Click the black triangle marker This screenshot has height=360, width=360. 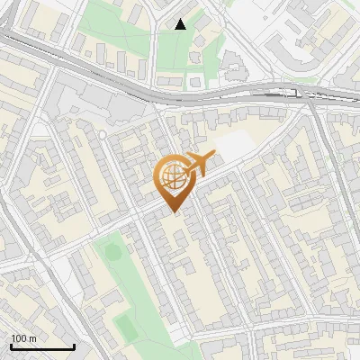click(x=180, y=24)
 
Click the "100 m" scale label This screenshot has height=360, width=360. click(x=23, y=338)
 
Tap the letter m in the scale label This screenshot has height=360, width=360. click(x=31, y=338)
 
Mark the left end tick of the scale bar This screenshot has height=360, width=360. click(x=11, y=346)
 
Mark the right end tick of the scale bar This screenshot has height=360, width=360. click(x=74, y=346)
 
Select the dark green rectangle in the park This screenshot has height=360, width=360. click(x=127, y=329)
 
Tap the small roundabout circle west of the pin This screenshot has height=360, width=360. click(x=102, y=134)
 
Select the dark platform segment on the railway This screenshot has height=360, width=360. click(x=270, y=91)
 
